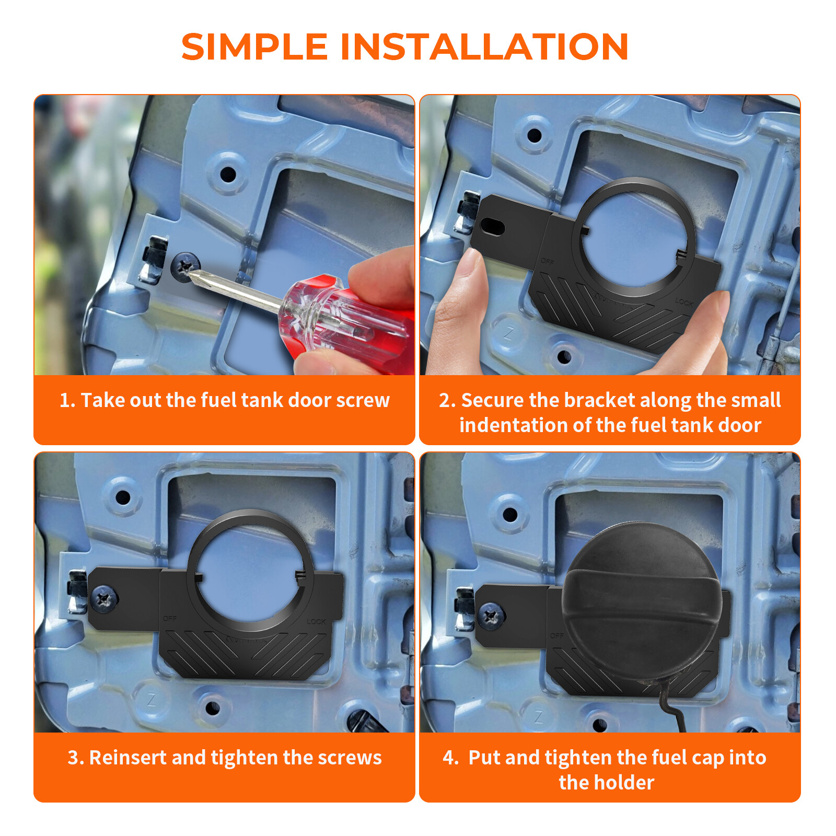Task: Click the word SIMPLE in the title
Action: (x=254, y=47)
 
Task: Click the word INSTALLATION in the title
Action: (x=484, y=47)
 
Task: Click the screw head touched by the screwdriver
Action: (x=184, y=266)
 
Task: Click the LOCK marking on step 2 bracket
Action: (x=683, y=302)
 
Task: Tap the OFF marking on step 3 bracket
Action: (x=170, y=619)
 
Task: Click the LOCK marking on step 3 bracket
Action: (x=316, y=622)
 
